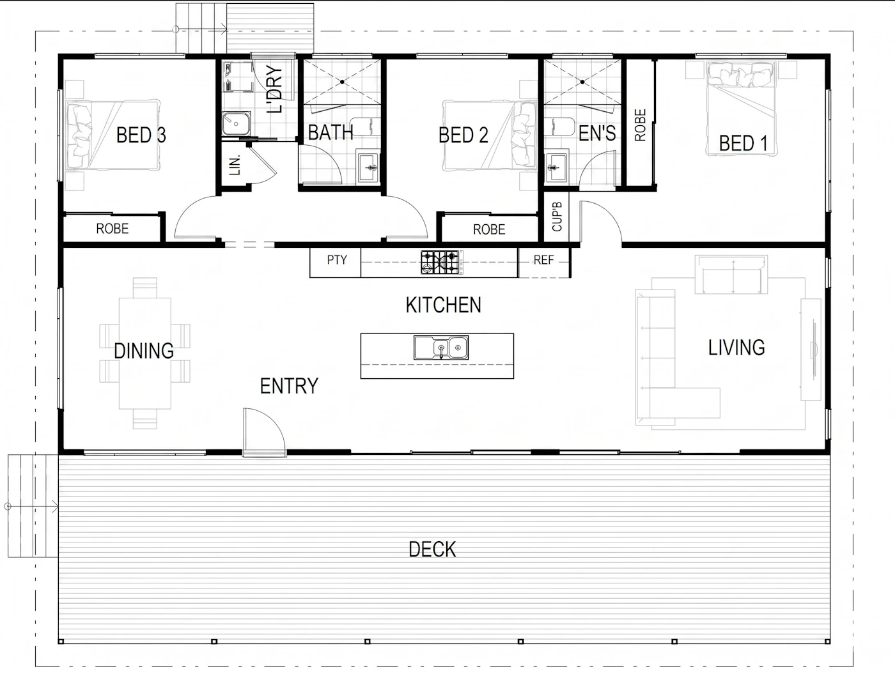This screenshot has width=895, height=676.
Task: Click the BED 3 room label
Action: point(141,135)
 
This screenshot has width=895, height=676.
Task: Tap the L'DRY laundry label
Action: point(274,89)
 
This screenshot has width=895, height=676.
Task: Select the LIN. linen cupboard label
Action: point(235,165)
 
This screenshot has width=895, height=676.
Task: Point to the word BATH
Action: point(331,132)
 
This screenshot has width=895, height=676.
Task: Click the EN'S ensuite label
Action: point(597,133)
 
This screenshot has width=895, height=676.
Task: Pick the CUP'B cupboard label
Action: point(557,217)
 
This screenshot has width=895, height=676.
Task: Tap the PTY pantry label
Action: point(337,260)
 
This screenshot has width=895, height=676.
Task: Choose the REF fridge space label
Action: point(543,260)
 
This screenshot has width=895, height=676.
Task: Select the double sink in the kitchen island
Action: point(440,348)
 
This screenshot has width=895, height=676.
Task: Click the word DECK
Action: point(432,549)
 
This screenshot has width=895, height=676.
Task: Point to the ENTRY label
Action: point(289,386)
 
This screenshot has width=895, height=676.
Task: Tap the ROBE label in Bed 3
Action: point(112,229)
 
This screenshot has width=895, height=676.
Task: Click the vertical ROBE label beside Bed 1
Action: point(640,125)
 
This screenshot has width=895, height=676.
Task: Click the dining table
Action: point(144,353)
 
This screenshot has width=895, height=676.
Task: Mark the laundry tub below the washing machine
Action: point(236,123)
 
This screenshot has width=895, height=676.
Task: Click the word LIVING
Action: point(736,348)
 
